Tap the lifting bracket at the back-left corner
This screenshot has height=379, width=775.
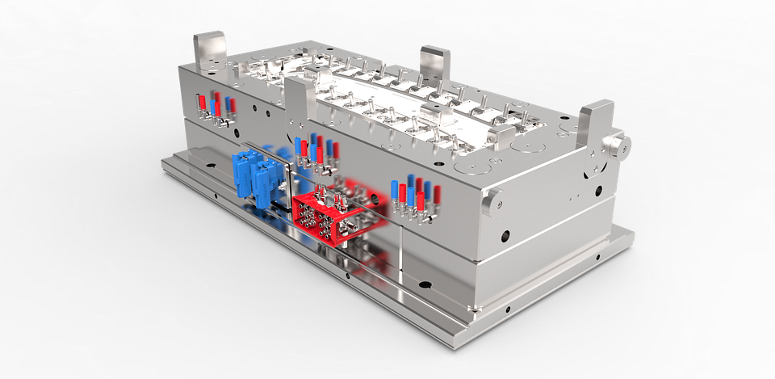point(207,49)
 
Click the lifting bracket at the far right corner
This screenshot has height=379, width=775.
point(595,122)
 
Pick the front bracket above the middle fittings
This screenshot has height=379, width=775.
point(298,99)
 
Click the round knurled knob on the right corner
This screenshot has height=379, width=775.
point(619,145)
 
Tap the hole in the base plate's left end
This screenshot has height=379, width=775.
point(216,195)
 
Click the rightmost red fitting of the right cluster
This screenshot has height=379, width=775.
point(437,193)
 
